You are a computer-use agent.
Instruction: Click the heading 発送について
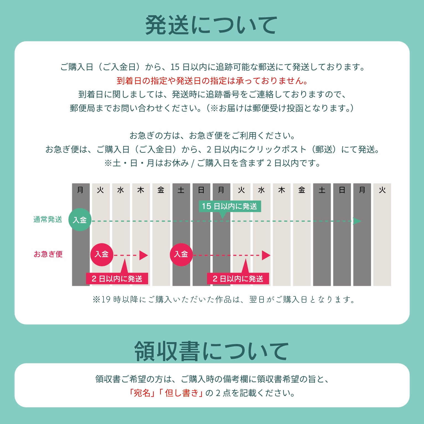[211, 25]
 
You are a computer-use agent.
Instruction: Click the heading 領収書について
[211, 351]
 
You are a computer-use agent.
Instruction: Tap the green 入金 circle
[80, 220]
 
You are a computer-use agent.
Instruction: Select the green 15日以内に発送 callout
[230, 206]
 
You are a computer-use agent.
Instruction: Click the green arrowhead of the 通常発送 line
[357, 221]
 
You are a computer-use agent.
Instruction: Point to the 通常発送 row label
[48, 219]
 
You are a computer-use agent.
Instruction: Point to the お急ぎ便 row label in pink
[48, 254]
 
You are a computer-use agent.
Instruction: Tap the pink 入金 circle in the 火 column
[102, 255]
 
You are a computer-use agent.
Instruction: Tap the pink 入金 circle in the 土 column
[181, 255]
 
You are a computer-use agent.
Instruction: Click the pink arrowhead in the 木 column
[143, 255]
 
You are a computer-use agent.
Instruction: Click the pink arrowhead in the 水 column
[266, 255]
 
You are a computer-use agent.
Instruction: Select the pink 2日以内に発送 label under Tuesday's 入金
[117, 279]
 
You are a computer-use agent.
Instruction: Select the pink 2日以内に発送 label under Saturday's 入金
[238, 279]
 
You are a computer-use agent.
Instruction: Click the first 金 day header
[161, 190]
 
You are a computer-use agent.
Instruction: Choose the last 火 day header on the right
[382, 190]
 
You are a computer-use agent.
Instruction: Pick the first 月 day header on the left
[80, 190]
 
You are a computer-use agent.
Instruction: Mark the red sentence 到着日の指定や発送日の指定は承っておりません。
[212, 81]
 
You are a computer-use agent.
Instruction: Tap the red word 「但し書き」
[182, 393]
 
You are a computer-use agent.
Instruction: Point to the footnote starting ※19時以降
[224, 299]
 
